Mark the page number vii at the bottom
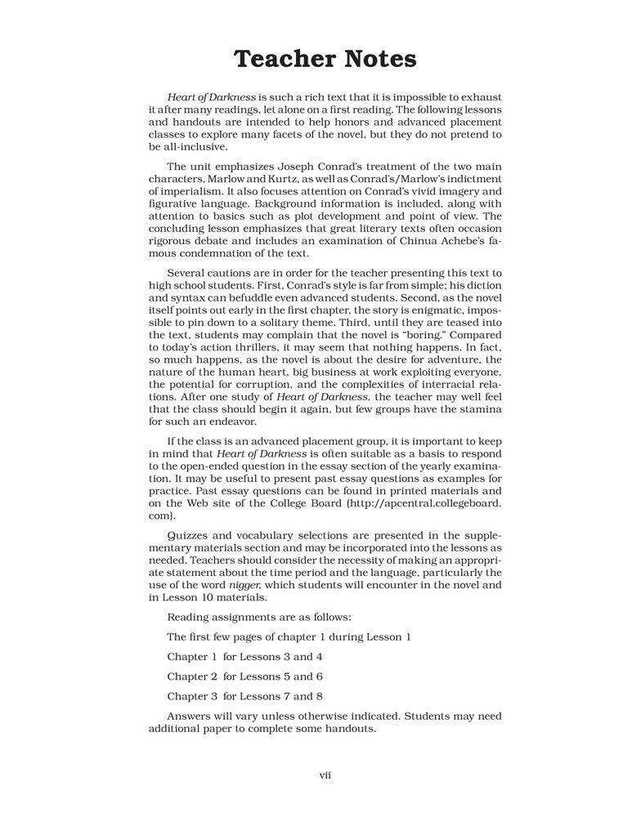coord(324,775)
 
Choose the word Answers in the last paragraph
coord(192,716)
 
